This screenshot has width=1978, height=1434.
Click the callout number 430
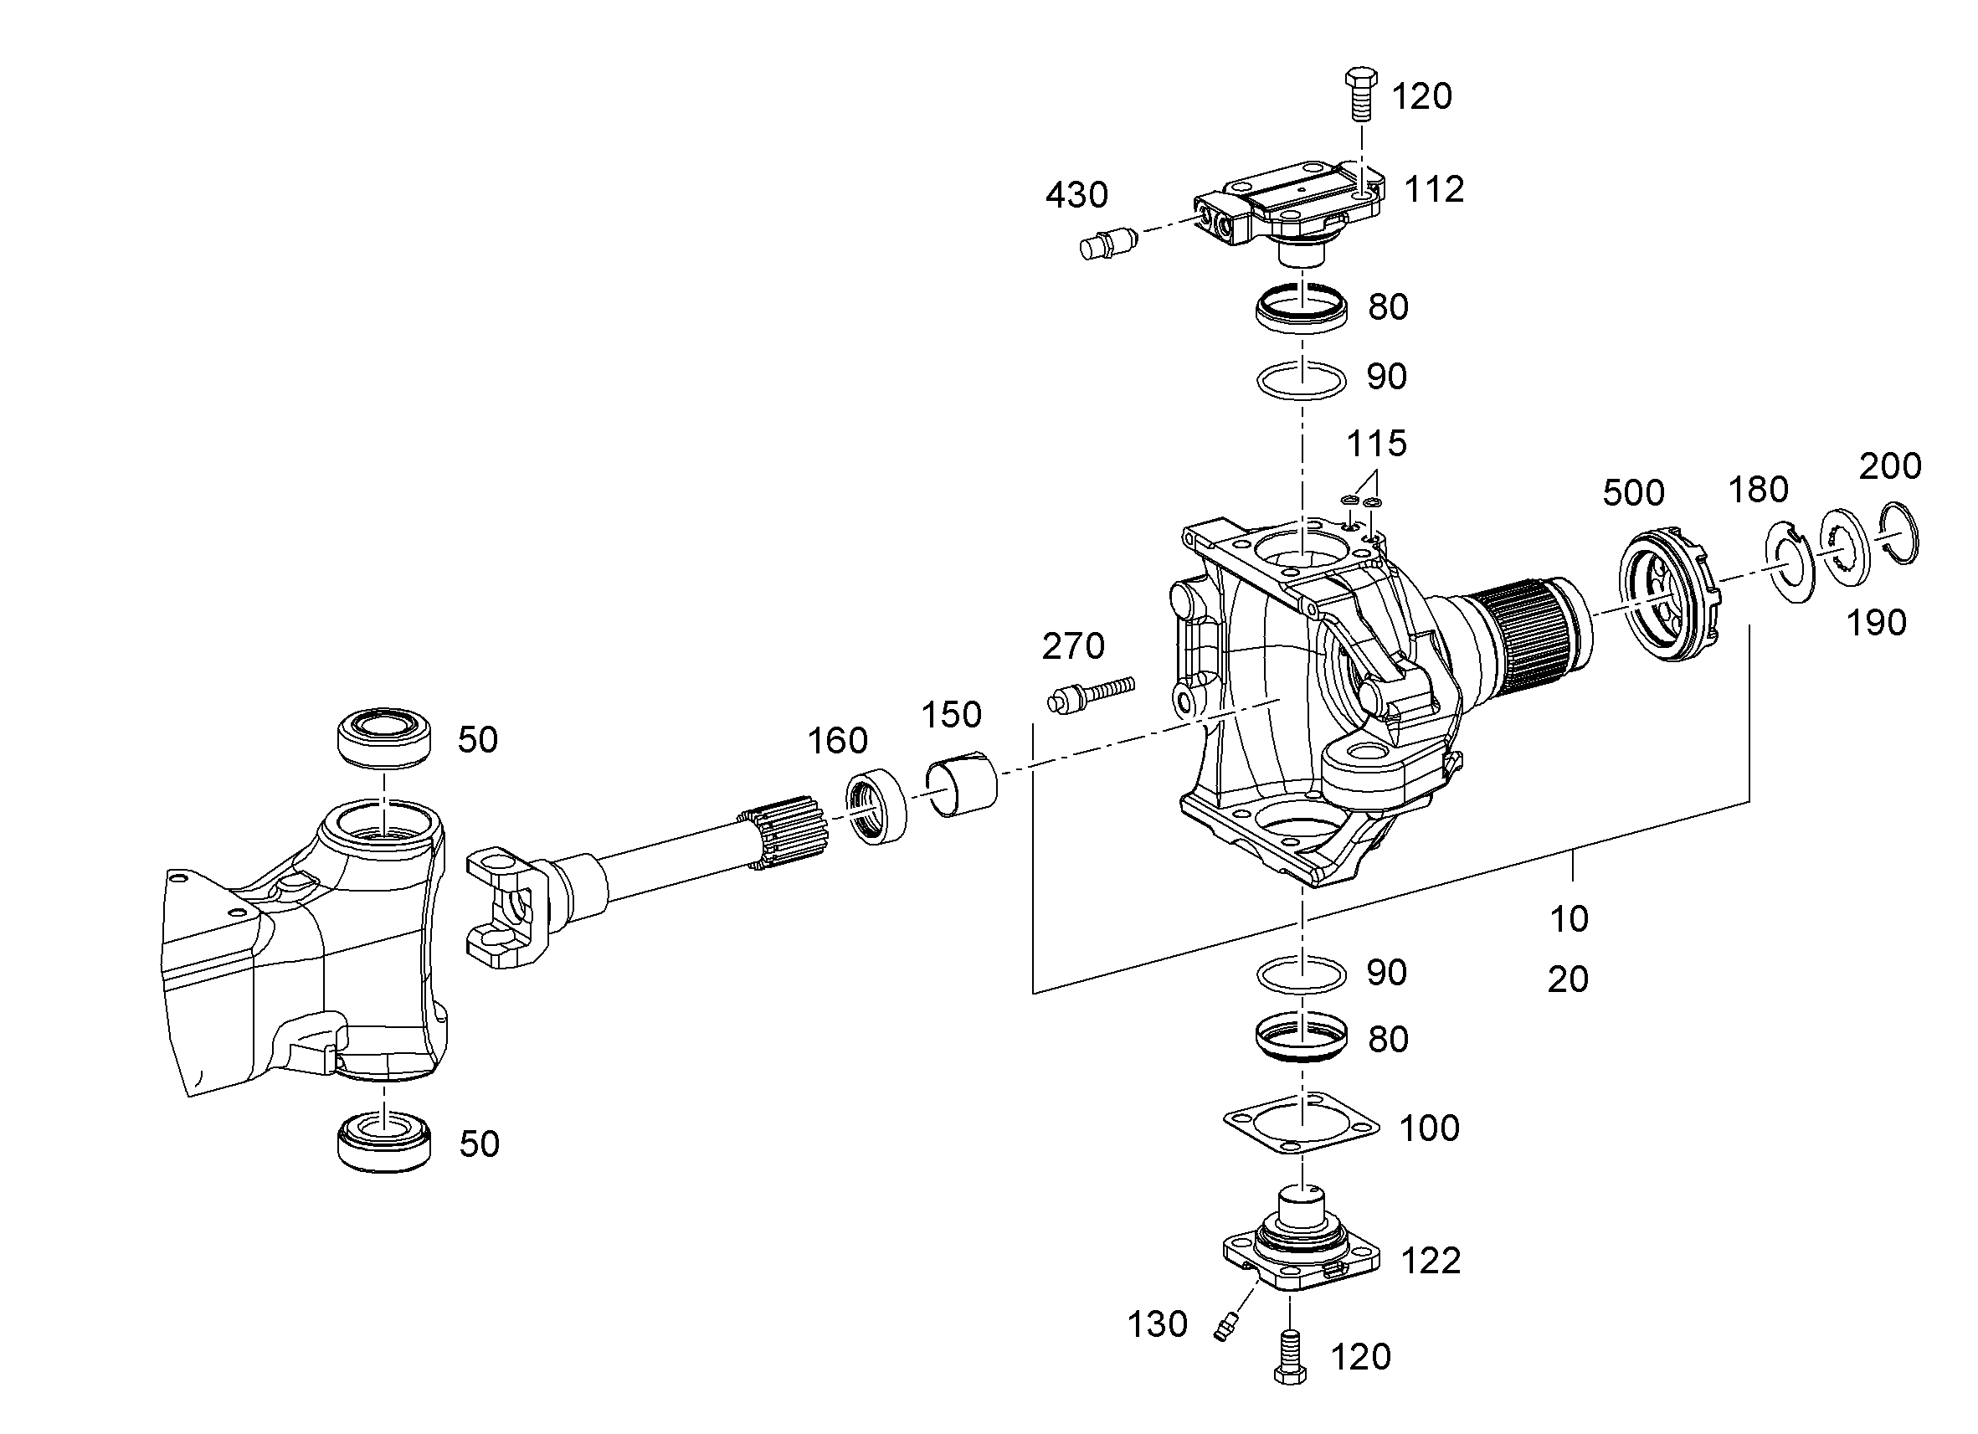pyautogui.click(x=1076, y=195)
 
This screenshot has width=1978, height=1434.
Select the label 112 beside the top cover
pyautogui.click(x=1434, y=189)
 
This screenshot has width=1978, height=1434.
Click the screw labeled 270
pyautogui.click(x=1090, y=695)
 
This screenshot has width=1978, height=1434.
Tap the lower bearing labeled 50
pyautogui.click(x=384, y=1142)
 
